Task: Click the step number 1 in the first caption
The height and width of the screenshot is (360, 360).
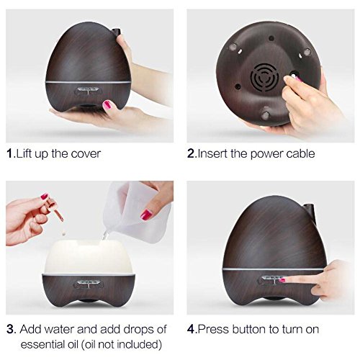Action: click(x=9, y=153)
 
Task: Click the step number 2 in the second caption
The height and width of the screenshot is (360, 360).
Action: click(x=191, y=153)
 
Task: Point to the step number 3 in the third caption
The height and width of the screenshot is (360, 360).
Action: click(x=11, y=329)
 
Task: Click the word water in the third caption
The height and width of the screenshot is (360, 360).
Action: click(x=58, y=329)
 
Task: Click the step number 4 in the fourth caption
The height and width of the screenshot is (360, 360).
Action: click(x=191, y=329)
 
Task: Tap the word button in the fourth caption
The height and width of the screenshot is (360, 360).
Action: click(x=249, y=329)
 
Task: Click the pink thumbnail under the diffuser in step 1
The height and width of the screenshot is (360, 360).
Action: click(x=108, y=105)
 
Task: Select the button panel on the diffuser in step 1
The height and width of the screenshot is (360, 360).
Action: click(x=88, y=91)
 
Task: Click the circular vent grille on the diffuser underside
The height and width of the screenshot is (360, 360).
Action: click(x=264, y=77)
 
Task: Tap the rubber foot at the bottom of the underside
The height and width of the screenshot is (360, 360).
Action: click(x=266, y=115)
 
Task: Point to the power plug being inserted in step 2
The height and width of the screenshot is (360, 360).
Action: click(x=294, y=76)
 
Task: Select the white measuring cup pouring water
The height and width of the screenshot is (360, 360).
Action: click(x=137, y=211)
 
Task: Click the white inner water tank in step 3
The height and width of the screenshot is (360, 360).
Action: click(x=89, y=258)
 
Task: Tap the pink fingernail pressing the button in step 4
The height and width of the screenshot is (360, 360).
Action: click(x=282, y=280)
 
